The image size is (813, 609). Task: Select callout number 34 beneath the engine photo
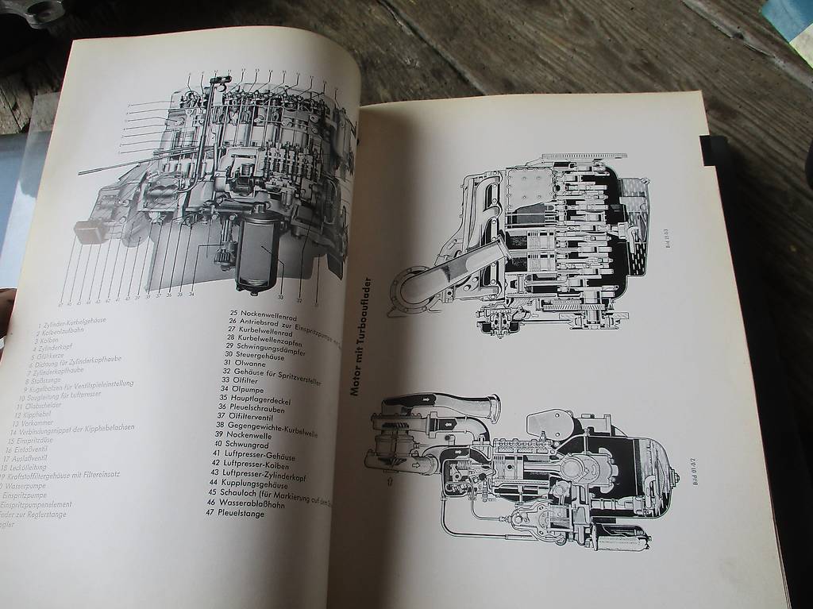point(191,293)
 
